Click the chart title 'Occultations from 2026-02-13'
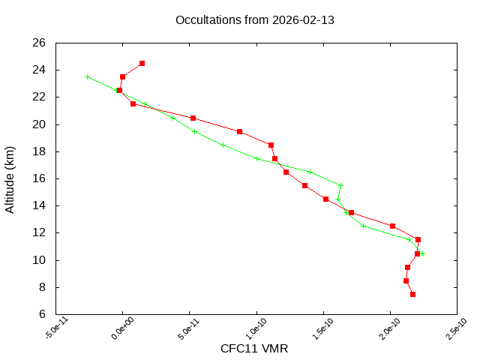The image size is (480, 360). click(254, 19)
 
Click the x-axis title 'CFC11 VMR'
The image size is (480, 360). click(254, 349)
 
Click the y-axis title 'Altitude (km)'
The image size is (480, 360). click(10, 178)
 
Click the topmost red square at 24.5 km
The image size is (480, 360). click(142, 63)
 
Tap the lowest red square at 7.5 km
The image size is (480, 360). click(412, 294)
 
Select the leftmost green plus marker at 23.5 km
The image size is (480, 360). click(88, 76)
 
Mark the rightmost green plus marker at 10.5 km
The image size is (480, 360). click(423, 253)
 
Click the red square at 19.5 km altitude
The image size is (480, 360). click(239, 131)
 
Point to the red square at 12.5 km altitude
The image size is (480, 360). click(392, 226)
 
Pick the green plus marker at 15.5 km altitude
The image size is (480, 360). click(340, 185)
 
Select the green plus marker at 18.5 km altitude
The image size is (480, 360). click(223, 145)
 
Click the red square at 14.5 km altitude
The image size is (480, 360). click(325, 199)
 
